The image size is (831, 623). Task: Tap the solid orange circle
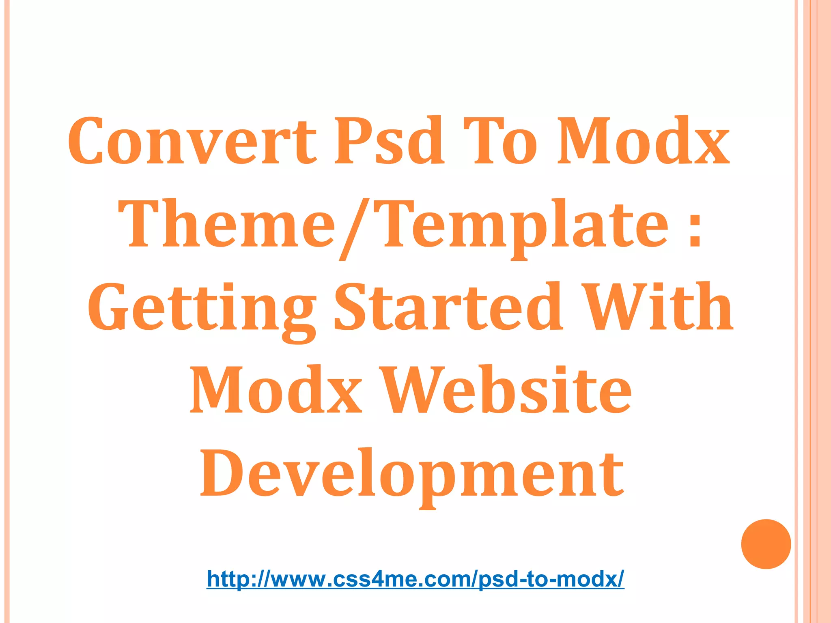tap(766, 544)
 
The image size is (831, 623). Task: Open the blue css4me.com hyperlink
tap(415, 578)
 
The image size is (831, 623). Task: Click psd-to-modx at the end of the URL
tap(550, 579)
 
